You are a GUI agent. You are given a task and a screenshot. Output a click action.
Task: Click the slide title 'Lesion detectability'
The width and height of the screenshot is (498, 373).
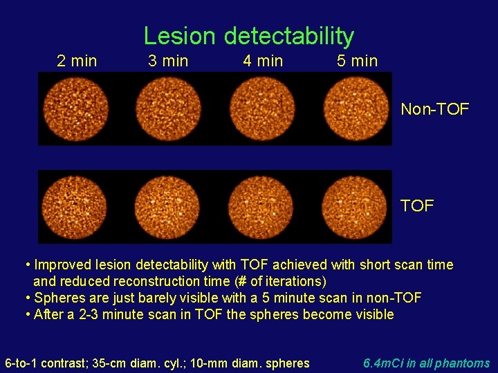click(248, 35)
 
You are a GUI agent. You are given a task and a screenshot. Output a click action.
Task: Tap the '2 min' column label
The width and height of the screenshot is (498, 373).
click(77, 61)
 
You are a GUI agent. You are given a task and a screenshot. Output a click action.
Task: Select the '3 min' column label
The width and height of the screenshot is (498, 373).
click(168, 61)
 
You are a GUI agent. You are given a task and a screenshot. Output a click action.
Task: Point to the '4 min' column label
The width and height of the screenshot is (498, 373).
click(263, 61)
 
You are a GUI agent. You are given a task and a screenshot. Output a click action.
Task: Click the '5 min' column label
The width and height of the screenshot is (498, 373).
click(357, 61)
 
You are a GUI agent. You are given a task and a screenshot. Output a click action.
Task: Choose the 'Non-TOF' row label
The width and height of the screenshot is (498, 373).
click(435, 109)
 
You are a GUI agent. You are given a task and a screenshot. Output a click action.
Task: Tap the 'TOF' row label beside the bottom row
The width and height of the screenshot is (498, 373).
click(417, 206)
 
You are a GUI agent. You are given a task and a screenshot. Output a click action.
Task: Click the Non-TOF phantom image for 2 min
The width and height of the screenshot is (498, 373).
click(75, 109)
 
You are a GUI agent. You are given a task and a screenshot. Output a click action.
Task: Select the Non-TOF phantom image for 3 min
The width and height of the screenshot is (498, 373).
click(168, 109)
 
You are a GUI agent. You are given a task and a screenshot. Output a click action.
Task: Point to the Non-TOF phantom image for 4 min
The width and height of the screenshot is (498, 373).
click(262, 109)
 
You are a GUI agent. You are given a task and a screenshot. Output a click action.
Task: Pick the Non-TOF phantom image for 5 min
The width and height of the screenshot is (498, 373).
click(356, 109)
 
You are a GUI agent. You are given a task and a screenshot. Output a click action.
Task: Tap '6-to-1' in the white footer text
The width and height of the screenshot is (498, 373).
click(21, 363)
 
